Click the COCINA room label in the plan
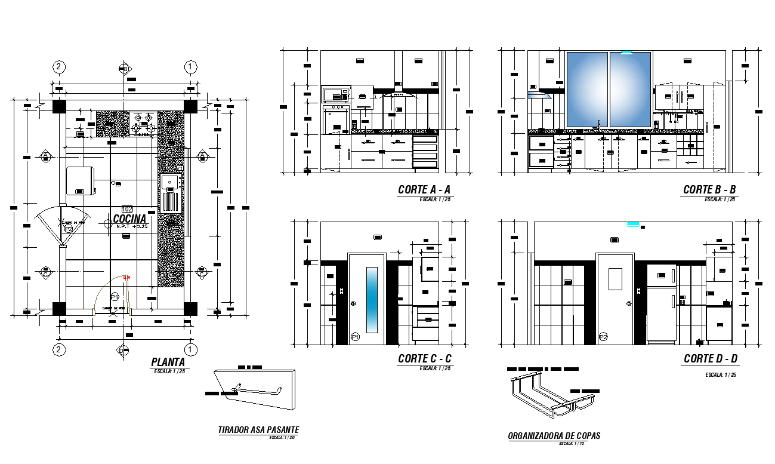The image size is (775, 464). [129, 219]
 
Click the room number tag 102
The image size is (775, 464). [126, 209]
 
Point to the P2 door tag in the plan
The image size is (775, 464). [68, 229]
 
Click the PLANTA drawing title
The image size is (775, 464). [168, 362]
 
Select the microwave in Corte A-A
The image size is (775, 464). [335, 94]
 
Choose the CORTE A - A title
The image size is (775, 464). [424, 190]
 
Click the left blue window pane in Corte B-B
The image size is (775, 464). [586, 90]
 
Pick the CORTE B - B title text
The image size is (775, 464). [709, 190]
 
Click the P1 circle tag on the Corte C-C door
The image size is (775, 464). [356, 337]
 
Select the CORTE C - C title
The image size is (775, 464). [424, 359]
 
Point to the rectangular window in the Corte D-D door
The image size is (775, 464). [615, 279]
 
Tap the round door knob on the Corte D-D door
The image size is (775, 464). [628, 304]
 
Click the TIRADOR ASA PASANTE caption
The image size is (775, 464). [258, 430]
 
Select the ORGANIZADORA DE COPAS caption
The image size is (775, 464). [554, 436]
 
